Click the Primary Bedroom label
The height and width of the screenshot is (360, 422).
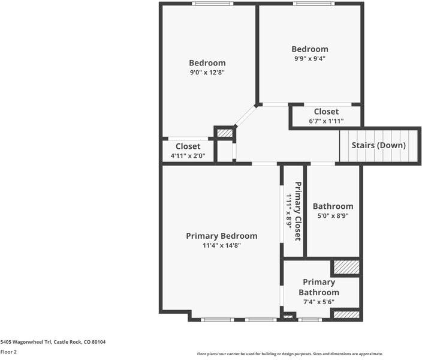pyautogui.click(x=222, y=236)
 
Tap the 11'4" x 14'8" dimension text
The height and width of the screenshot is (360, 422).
pyautogui.click(x=222, y=245)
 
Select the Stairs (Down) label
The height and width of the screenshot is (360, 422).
pyautogui.click(x=379, y=145)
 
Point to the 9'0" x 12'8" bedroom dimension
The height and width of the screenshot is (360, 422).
pyautogui.click(x=207, y=72)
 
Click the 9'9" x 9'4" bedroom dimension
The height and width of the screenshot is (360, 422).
pyautogui.click(x=310, y=58)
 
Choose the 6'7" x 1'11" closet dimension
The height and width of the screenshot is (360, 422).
pyautogui.click(x=326, y=121)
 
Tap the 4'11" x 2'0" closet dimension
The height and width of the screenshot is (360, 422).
pyautogui.click(x=188, y=155)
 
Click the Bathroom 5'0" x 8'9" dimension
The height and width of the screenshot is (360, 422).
pyautogui.click(x=333, y=215)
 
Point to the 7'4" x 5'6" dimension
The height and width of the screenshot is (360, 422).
pyautogui.click(x=319, y=302)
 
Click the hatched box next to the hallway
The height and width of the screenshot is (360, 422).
pyautogui.click(x=225, y=133)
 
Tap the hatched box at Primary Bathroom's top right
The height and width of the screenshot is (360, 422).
pyautogui.click(x=346, y=267)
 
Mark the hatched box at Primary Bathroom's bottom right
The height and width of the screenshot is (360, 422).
pyautogui.click(x=346, y=315)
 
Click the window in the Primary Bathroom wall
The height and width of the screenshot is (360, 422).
pyautogui.click(x=310, y=320)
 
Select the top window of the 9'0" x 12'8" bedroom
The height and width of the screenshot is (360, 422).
pyautogui.click(x=213, y=4)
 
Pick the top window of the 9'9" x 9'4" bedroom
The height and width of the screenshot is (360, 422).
pyautogui.click(x=314, y=4)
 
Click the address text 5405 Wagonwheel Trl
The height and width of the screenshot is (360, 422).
pyautogui.click(x=26, y=342)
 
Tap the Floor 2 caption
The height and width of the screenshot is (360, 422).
pyautogui.click(x=8, y=352)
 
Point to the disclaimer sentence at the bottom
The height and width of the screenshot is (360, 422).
pyautogui.click(x=290, y=354)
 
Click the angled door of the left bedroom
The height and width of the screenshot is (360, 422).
pyautogui.click(x=245, y=116)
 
